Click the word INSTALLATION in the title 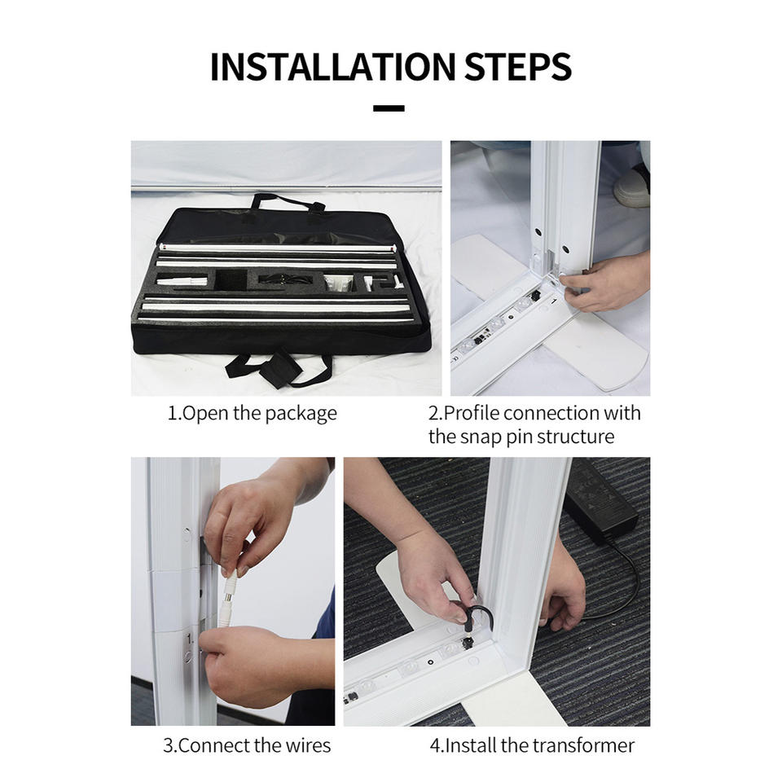coord(333,66)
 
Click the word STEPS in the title coord(518,66)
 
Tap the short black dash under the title coord(389,108)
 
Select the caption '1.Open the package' coord(252,414)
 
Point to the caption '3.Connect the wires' coord(247,745)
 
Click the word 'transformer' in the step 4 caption coord(583,745)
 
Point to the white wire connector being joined coord(227,601)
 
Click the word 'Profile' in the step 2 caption coord(472,414)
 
